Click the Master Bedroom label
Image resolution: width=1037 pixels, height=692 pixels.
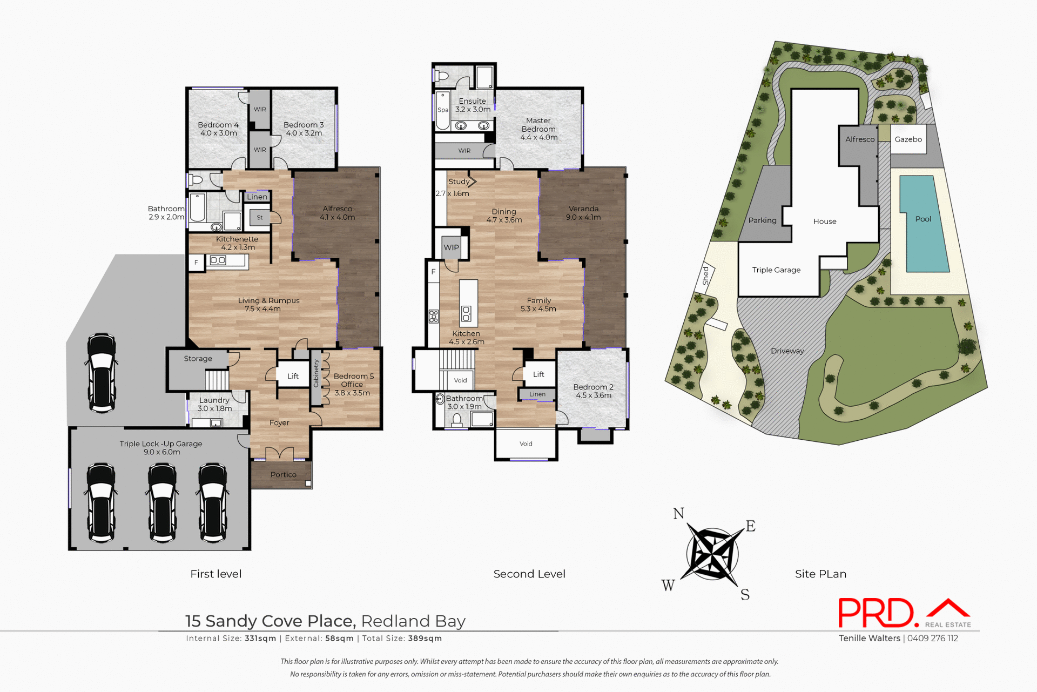pos(538,129)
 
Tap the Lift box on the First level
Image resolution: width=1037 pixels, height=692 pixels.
pos(293,376)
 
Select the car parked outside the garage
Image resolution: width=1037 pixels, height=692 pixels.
pos(102,373)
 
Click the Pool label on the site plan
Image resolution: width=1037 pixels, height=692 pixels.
pos(923,219)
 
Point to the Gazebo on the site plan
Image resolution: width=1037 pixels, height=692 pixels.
pos(908,139)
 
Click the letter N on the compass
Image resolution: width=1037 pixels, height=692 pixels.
pos(678,513)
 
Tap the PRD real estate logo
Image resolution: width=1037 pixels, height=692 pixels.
pos(904,614)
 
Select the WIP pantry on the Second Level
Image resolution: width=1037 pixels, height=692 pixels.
pos(451,247)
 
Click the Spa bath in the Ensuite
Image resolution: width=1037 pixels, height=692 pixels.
pos(442,110)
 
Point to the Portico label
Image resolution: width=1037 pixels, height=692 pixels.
pos(283,474)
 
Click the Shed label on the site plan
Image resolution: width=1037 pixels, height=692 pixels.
pos(705,276)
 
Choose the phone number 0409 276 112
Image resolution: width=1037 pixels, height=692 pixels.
pos(933,638)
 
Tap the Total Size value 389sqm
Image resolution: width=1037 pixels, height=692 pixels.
pos(425,638)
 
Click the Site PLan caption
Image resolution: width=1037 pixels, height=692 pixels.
pos(820,574)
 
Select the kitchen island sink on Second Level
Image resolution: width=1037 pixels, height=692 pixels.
pos(466,313)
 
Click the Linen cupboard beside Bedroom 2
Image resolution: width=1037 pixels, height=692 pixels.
pos(537,394)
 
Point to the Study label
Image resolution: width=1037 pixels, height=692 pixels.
pos(459,182)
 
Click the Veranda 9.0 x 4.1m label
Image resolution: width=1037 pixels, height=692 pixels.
pos(583,213)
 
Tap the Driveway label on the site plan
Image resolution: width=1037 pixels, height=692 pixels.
pos(787,351)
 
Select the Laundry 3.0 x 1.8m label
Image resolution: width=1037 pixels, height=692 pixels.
pos(214,404)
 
